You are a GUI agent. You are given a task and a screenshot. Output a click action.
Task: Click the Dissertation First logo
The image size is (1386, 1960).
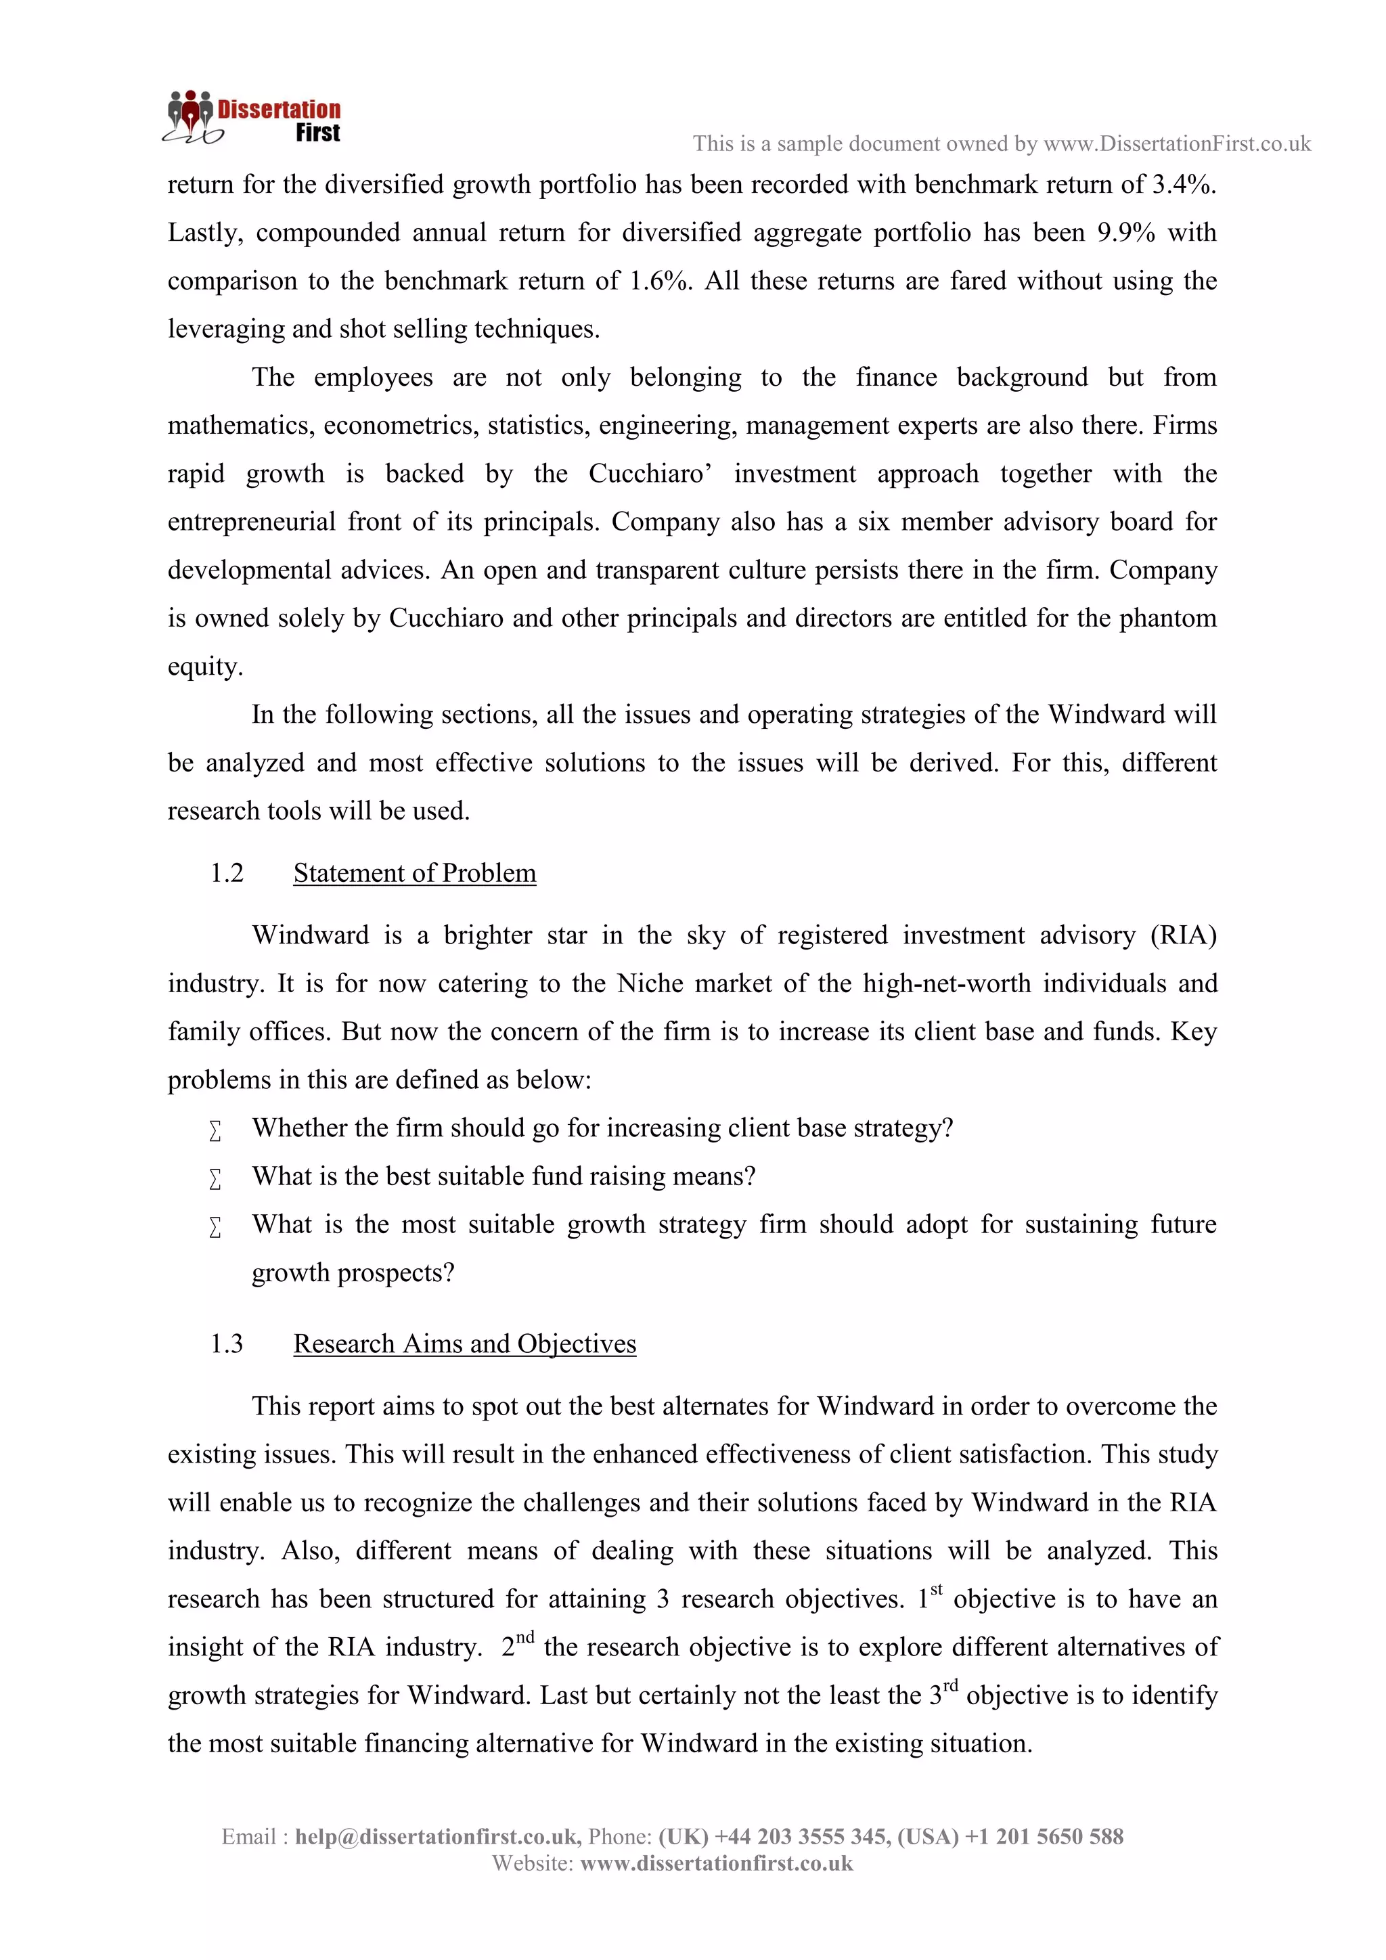pos(252,118)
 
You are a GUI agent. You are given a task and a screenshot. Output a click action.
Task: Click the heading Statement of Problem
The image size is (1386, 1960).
pos(414,873)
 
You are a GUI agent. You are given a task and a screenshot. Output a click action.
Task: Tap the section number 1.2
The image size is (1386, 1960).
pos(226,873)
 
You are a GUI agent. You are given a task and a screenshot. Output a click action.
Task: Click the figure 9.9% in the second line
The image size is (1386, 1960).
pos(1125,233)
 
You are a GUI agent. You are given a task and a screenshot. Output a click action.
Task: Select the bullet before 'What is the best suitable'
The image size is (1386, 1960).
pos(215,1180)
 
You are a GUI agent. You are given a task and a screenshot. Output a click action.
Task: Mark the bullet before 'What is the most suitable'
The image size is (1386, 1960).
pos(215,1228)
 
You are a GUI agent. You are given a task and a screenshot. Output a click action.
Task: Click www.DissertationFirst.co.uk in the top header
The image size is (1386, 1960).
pos(1177,144)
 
